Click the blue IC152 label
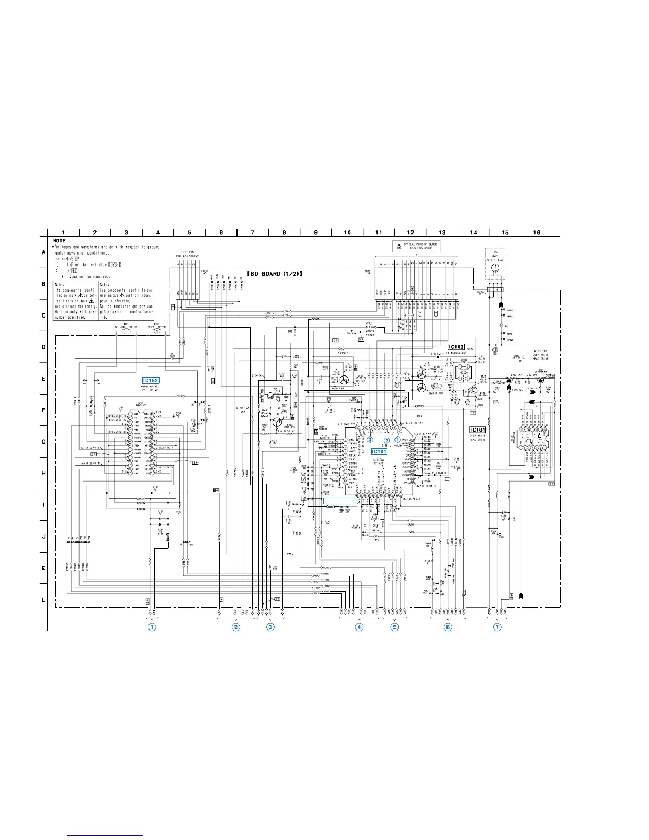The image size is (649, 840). (x=151, y=381)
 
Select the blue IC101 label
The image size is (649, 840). (x=379, y=452)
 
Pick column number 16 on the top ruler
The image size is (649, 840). (x=537, y=232)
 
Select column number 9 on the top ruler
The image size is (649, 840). (x=315, y=232)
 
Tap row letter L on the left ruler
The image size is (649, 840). (x=43, y=600)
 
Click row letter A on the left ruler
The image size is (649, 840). (x=43, y=252)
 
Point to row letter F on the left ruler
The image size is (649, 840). (x=43, y=410)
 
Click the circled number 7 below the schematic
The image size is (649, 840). (x=497, y=627)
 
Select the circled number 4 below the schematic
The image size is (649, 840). (x=359, y=627)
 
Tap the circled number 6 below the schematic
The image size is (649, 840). (x=448, y=627)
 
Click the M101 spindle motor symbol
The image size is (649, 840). (x=126, y=332)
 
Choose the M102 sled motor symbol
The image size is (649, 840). (x=156, y=332)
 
